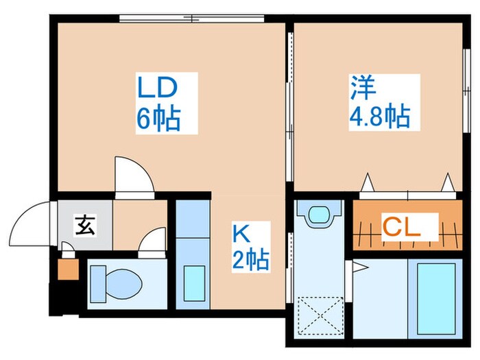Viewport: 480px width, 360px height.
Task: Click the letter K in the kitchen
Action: [x=241, y=234]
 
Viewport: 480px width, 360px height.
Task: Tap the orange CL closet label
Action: [x=400, y=227]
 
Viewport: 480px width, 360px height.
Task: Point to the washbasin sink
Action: [x=319, y=215]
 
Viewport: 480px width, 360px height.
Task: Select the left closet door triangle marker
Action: [x=367, y=182]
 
